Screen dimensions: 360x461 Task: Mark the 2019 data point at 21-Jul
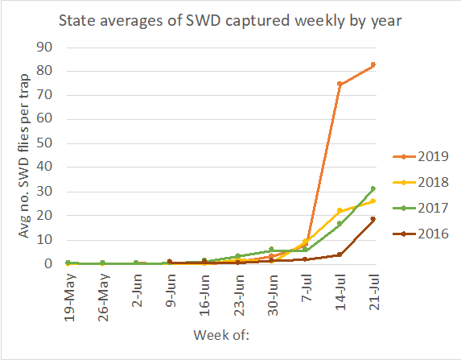coord(373,64)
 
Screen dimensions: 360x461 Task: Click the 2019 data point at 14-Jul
coord(340,84)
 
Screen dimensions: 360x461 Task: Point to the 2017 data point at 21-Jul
coord(373,188)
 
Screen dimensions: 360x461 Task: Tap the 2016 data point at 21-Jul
coord(373,219)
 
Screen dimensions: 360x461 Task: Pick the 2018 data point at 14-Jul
coord(340,210)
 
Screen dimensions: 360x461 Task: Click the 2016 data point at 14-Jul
coord(340,254)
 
